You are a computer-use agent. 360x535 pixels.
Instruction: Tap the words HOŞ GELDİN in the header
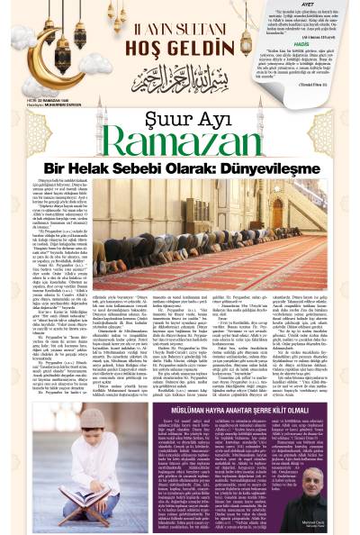tap(148, 43)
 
